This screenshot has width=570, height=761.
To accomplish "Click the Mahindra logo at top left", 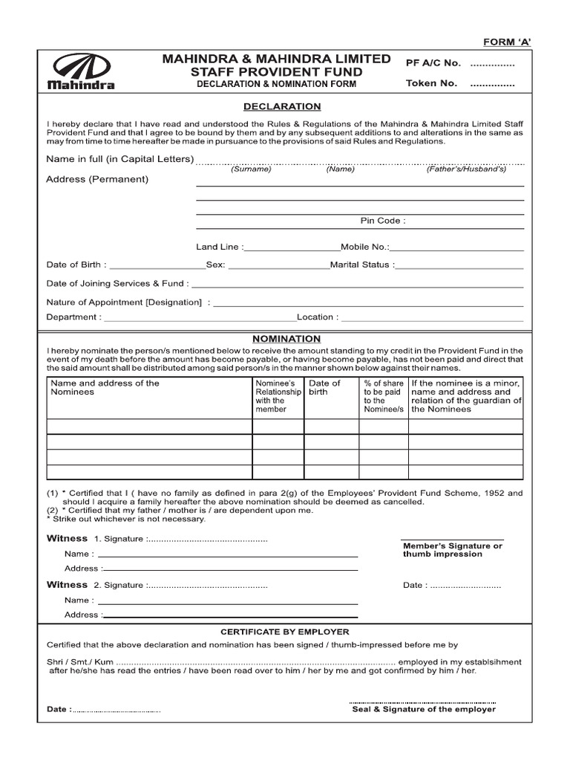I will (81, 71).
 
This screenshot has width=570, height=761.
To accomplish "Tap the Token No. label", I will (431, 83).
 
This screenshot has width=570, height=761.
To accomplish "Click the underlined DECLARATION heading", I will (286, 107).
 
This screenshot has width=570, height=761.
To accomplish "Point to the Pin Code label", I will (383, 221).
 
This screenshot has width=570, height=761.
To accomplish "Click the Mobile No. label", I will (364, 247).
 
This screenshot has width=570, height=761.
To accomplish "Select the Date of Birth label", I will (76, 265).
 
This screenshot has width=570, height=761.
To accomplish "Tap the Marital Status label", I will (362, 265).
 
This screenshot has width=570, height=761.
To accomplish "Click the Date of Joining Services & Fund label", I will (117, 283).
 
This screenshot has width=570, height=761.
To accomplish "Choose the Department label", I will (73, 317).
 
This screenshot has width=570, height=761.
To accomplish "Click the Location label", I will (318, 317).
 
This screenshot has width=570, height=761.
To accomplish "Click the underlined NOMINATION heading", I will (286, 338).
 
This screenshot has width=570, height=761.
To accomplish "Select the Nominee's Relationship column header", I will (278, 396).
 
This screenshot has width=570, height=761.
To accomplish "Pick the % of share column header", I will (383, 396).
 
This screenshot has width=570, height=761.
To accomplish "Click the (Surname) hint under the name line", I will (251, 169).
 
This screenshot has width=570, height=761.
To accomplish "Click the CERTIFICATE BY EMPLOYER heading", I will (285, 632).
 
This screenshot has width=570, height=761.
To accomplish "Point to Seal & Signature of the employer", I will (424, 709).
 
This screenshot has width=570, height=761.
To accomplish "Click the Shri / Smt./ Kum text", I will (80, 662).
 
